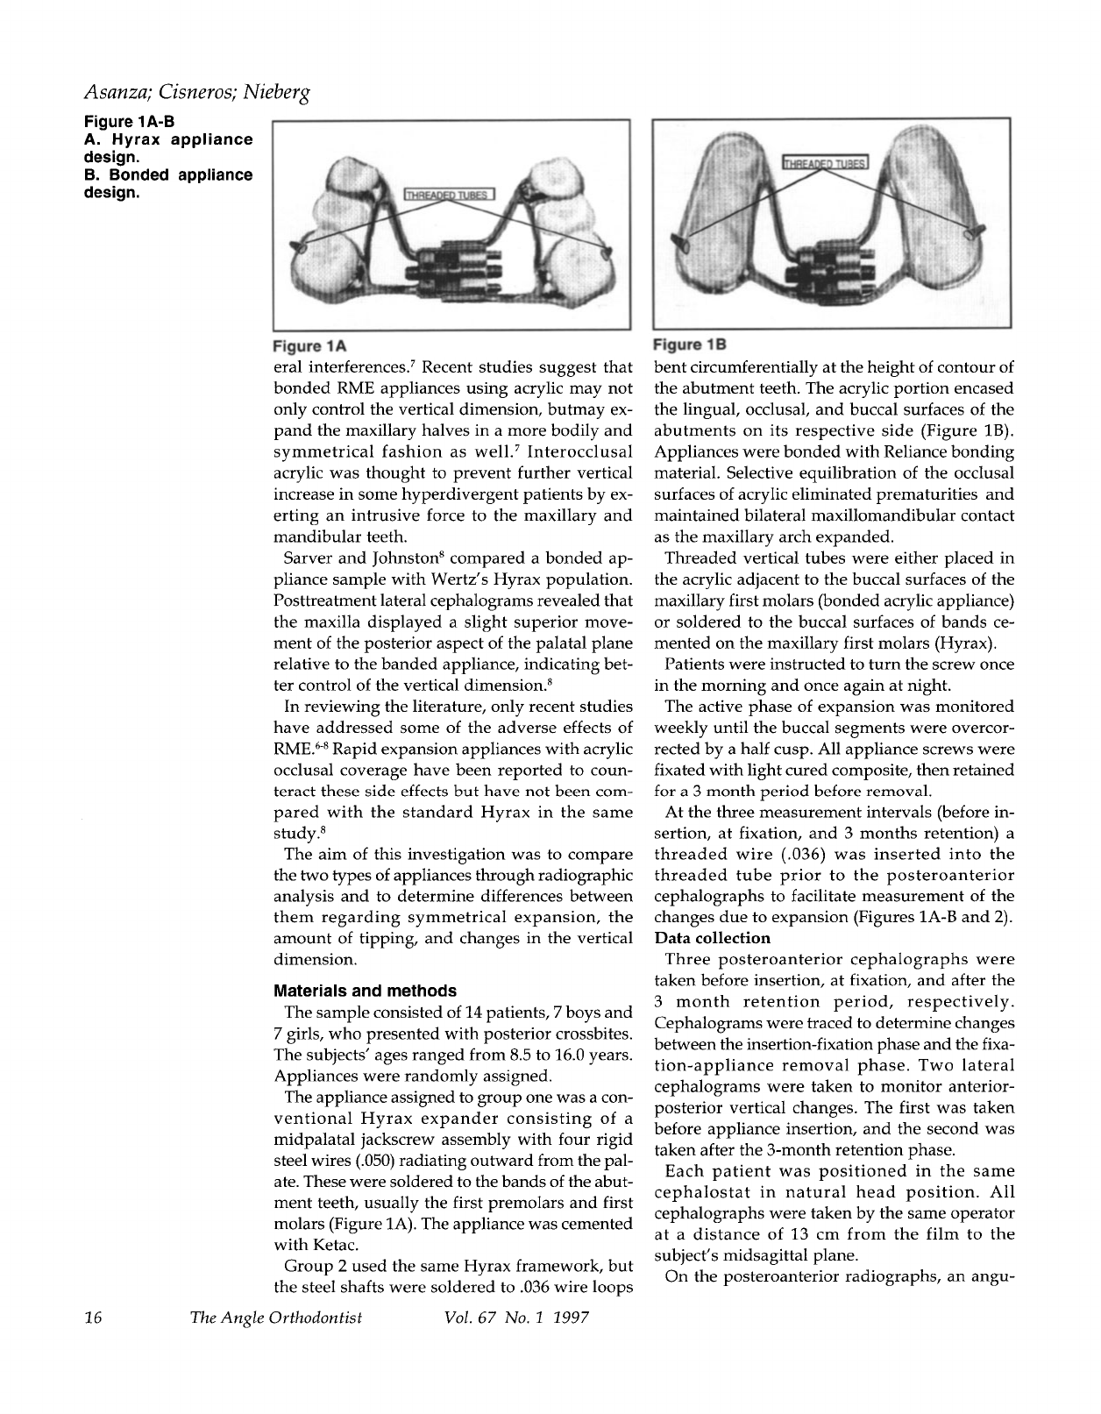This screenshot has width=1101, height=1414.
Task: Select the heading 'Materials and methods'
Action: [366, 991]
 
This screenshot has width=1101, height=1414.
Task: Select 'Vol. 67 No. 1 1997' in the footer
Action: [516, 1318]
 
